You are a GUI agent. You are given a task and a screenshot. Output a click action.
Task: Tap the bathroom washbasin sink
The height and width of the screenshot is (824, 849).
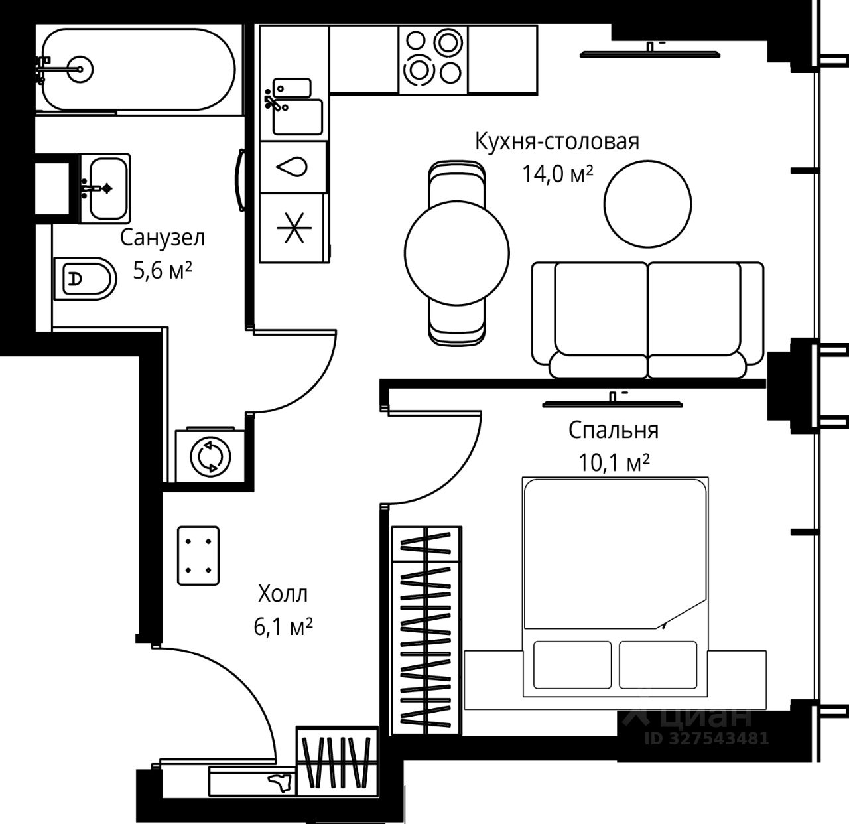106,188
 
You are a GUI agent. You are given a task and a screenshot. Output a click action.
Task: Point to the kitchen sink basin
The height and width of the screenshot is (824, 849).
298,116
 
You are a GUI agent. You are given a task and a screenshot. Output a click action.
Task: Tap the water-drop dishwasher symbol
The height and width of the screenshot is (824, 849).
293,167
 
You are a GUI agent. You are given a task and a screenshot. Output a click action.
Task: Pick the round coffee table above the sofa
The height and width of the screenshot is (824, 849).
647,204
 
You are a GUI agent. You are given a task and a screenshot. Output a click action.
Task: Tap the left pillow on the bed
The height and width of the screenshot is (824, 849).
572,665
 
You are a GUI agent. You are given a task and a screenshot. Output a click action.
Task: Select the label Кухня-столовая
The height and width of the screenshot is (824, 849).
556,141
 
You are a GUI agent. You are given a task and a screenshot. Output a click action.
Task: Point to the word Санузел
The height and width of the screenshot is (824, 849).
163,238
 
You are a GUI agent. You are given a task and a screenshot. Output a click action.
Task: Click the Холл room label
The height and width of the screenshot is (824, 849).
283,593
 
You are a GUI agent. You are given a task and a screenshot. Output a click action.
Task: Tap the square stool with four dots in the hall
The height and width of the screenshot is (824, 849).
198,556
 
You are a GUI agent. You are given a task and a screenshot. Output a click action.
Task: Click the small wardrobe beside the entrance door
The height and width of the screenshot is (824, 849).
336,760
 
